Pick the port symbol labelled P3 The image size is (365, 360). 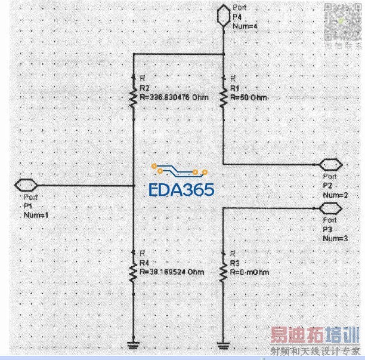pos(330,208)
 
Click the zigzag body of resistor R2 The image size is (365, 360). pos(134,96)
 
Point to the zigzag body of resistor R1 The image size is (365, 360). pos(222,96)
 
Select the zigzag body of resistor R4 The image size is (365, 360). pos(134,272)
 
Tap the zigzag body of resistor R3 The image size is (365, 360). pos(222,272)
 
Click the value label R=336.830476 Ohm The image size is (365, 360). pos(174,97)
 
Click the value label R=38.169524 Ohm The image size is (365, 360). pos(172,272)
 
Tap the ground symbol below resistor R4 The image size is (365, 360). pos(134,344)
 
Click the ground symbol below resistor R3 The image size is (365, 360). pos(222,344)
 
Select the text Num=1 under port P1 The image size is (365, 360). pos(35,215)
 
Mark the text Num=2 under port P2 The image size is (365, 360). pos(333,195)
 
